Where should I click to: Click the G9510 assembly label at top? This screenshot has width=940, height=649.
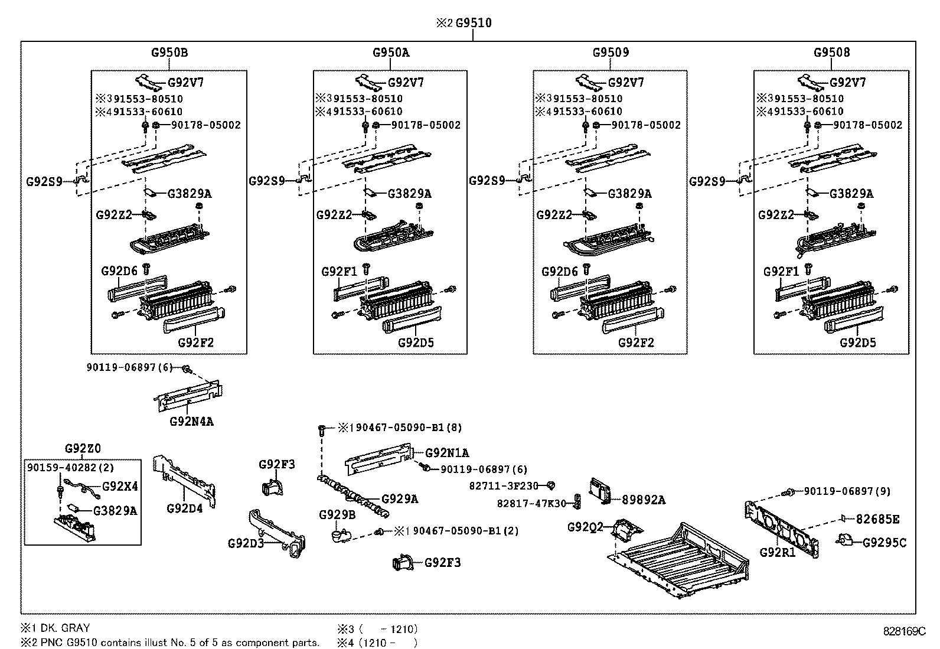pos(473,23)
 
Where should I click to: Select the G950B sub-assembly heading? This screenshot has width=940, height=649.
pos(169,52)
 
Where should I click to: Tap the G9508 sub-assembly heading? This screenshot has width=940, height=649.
pos(831,52)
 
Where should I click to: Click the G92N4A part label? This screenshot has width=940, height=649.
pos(191,422)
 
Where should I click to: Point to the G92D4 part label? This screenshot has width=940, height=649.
pos(184,508)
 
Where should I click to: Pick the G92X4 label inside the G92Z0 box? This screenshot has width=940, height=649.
pos(120,487)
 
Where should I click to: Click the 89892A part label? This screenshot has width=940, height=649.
pos(644,500)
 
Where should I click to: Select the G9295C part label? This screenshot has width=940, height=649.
pos(884,542)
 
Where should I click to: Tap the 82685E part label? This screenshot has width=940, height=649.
pos(877,519)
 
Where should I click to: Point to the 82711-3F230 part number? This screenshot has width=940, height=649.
pos(504,485)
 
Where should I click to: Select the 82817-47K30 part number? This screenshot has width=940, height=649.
pos(531,503)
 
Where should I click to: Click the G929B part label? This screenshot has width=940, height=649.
pos(337,514)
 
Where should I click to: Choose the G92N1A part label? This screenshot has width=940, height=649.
pos(447,453)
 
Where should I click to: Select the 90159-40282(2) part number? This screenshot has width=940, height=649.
pos(70,467)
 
